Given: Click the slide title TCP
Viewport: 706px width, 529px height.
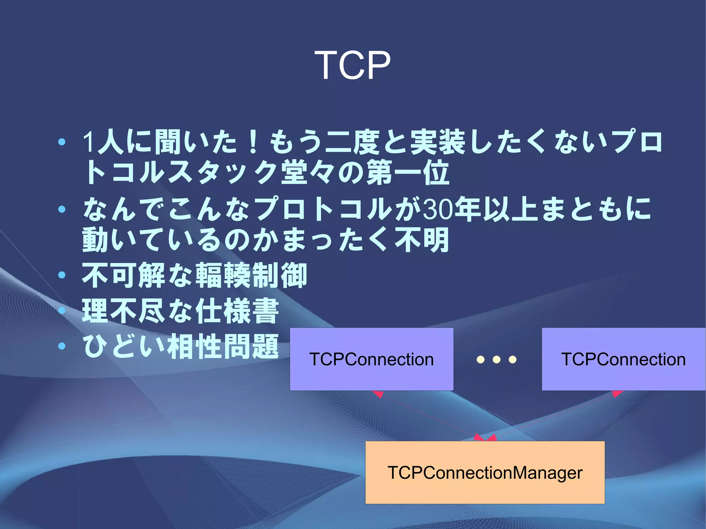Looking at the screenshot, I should pyautogui.click(x=353, y=65).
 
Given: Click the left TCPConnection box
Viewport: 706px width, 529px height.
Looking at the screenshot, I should pyautogui.click(x=371, y=359).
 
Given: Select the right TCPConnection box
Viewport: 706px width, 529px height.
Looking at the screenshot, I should pyautogui.click(x=623, y=359).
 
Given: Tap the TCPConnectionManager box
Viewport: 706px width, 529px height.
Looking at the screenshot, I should pyautogui.click(x=485, y=472).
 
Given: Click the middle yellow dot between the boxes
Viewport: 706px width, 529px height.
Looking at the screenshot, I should pyautogui.click(x=496, y=360).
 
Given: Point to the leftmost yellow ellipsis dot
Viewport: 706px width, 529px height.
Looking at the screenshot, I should pyautogui.click(x=481, y=360).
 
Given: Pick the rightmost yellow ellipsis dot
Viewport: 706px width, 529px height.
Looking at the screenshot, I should pyautogui.click(x=513, y=360).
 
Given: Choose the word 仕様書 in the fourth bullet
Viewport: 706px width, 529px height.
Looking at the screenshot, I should pyautogui.click(x=237, y=311).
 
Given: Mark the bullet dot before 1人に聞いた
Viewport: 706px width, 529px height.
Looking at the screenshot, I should pyautogui.click(x=62, y=142).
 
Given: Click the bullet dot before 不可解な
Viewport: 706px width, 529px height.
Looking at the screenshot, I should pyautogui.click(x=62, y=275).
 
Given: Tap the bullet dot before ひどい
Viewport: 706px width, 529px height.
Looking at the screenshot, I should pyautogui.click(x=62, y=346).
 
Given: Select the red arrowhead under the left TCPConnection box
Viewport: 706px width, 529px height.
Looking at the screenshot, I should pyautogui.click(x=378, y=394).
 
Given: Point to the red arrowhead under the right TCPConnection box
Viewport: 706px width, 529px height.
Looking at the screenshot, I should pyautogui.click(x=617, y=393).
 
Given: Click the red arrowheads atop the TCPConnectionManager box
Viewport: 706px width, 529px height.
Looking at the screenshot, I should pyautogui.click(x=485, y=438).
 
